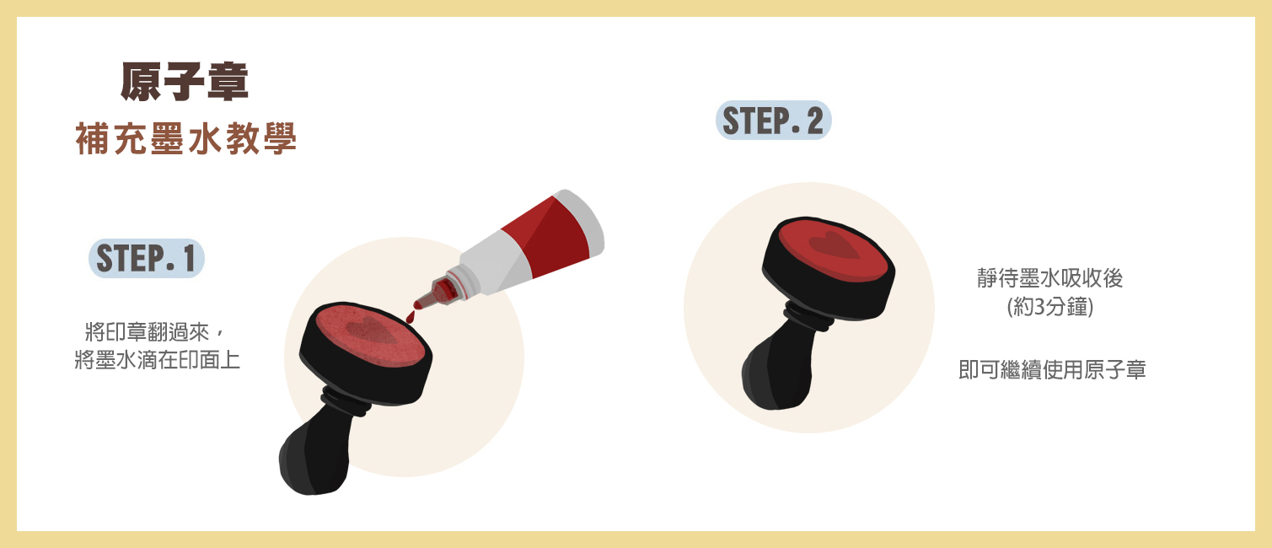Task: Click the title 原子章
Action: [x=185, y=82]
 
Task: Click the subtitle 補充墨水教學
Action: [x=185, y=138]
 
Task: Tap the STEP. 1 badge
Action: [x=147, y=258]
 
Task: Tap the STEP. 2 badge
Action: [x=774, y=121]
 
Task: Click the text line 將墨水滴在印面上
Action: [x=158, y=359]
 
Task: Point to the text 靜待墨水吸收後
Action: [x=1050, y=278]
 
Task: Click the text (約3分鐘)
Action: [x=1050, y=307]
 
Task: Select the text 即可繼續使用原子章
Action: [x=1052, y=369]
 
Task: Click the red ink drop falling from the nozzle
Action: [x=411, y=316]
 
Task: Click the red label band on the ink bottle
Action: [x=545, y=236]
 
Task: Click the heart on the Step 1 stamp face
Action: [x=372, y=330]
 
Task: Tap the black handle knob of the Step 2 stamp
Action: [x=776, y=371]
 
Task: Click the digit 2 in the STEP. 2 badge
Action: [x=815, y=121]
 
